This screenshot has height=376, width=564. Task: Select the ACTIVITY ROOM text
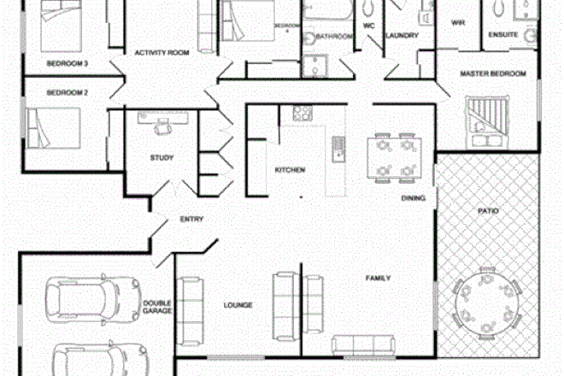(162, 53)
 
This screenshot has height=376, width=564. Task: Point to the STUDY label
(162, 157)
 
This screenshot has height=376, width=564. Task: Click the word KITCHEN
(290, 170)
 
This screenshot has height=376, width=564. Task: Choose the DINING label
(414, 198)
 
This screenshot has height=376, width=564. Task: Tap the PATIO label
(488, 209)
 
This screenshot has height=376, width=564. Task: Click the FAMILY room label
(379, 279)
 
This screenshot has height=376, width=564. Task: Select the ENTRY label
(191, 220)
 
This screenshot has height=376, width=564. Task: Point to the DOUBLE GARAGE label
(157, 307)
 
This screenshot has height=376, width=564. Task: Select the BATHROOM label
(335, 37)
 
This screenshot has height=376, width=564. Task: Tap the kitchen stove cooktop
(302, 113)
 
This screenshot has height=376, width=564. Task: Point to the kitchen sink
(337, 147)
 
